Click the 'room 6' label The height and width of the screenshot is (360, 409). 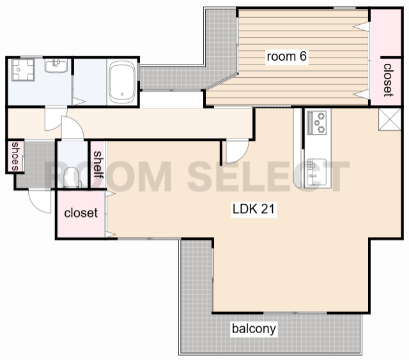(286, 56)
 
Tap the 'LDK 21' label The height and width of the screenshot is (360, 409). (254, 209)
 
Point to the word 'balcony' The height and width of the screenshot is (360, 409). (254, 329)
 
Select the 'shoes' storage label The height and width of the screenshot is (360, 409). (15, 156)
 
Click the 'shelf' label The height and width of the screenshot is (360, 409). (98, 165)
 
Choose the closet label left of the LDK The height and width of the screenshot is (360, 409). (81, 213)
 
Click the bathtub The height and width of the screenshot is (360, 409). (122, 82)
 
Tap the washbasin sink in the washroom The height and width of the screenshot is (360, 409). (56, 65)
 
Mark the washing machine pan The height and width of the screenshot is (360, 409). (23, 70)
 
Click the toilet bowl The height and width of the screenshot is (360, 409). (72, 178)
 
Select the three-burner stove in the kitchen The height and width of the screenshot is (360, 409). (317, 123)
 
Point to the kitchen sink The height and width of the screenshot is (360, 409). (316, 172)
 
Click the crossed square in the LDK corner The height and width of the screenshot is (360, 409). (390, 119)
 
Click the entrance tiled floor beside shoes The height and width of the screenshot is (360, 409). (36, 164)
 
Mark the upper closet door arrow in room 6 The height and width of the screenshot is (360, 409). (361, 27)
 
